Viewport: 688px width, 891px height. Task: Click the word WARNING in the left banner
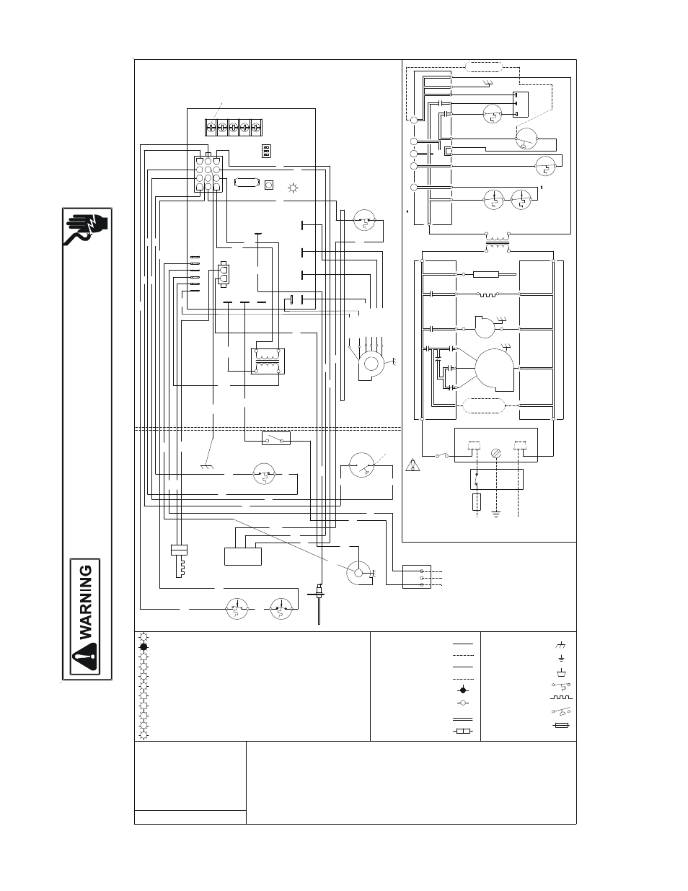coord(86,602)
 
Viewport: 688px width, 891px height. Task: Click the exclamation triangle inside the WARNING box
coord(87,658)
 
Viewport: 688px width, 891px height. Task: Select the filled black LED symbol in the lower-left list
coord(144,647)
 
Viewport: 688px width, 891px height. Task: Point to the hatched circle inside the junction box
coord(495,453)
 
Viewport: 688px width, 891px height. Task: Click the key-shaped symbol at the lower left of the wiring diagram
coord(178,558)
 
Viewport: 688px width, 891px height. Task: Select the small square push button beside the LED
coord(269,184)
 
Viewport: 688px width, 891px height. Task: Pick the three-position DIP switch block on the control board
coord(265,150)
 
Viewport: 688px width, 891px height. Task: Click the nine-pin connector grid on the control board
coord(208,174)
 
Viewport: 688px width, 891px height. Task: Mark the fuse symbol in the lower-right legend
coord(563,727)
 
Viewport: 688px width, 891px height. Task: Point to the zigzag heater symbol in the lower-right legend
coord(563,698)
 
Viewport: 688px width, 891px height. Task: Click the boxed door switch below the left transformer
coord(276,438)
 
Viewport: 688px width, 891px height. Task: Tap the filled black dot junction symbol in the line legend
coord(462,690)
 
